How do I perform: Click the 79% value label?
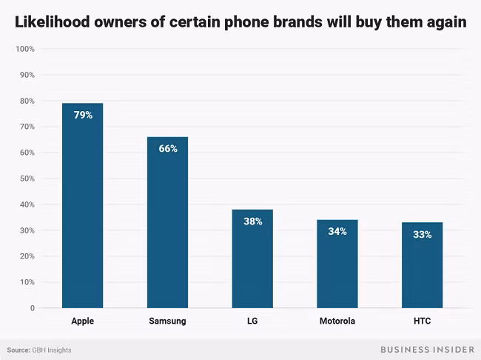click(x=82, y=115)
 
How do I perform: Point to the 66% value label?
click(x=167, y=148)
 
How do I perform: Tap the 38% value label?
click(x=252, y=221)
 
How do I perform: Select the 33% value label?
click(x=422, y=234)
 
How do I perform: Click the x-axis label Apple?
click(x=82, y=321)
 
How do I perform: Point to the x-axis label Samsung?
click(x=167, y=321)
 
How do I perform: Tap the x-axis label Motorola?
click(x=337, y=321)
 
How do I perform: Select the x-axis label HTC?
click(x=422, y=321)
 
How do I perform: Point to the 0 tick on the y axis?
click(x=32, y=308)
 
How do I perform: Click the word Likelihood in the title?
click(x=55, y=22)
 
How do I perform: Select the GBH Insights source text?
click(x=51, y=350)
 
